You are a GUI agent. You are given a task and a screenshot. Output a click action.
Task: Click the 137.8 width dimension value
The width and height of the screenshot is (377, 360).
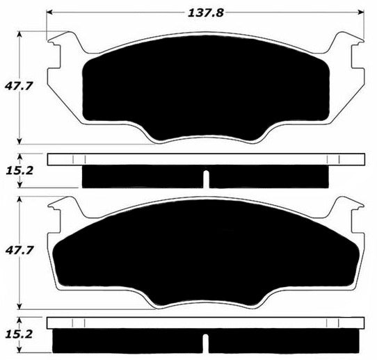tap(206, 12)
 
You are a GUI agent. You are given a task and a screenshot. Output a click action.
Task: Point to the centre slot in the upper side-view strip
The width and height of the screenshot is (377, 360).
tap(206, 179)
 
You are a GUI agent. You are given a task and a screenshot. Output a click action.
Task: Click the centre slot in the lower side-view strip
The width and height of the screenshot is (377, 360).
tap(206, 342)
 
